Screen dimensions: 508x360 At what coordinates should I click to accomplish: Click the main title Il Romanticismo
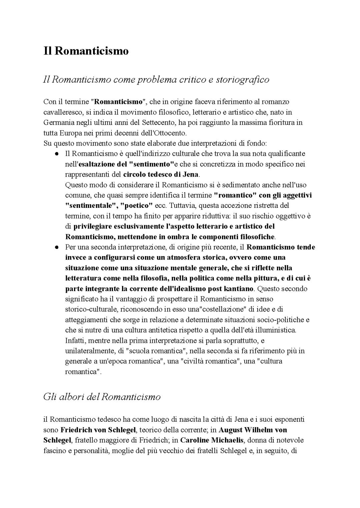[86, 51]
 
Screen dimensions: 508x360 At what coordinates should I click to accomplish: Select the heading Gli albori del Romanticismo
[102, 397]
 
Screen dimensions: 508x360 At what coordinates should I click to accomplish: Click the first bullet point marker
[57, 154]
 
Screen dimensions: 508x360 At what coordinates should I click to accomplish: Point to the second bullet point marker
[57, 248]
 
